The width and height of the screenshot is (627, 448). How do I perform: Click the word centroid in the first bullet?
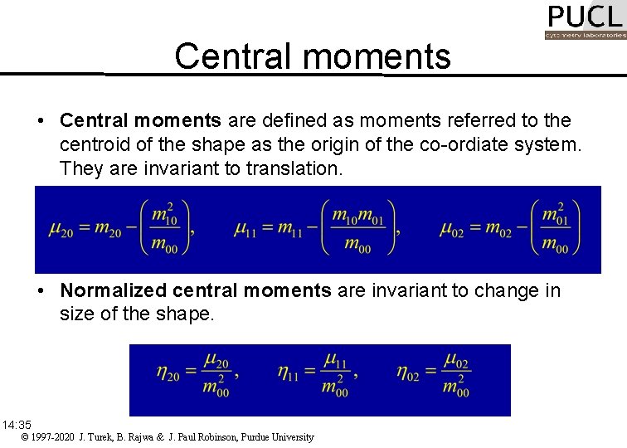coord(93,146)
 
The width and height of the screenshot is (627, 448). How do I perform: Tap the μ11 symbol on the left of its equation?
coord(246,230)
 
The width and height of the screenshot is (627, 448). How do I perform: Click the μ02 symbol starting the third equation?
coord(453,230)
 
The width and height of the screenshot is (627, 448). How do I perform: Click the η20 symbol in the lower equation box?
coord(168,373)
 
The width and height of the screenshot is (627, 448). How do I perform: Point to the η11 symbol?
coord(290,373)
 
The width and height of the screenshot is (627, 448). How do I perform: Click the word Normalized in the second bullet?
coord(109,290)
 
